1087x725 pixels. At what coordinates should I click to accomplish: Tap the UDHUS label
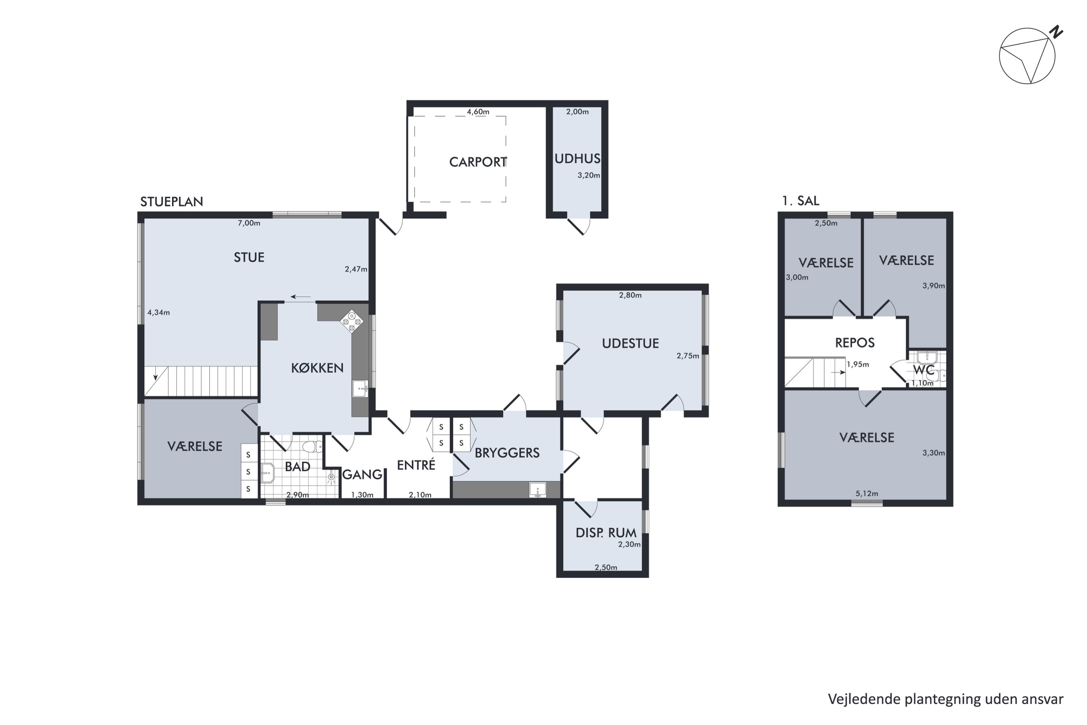tap(577, 159)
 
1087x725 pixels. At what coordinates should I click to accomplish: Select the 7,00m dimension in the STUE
tap(249, 223)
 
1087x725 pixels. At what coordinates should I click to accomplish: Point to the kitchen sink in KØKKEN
tap(361, 388)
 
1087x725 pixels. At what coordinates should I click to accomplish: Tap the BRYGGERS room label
tap(507, 453)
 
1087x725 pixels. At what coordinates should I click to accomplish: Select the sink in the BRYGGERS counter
tap(537, 490)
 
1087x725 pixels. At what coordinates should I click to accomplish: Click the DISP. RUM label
tap(606, 533)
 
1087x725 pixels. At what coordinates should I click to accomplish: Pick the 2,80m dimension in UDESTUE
tap(630, 295)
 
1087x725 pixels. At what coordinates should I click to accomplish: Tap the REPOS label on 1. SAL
tap(855, 343)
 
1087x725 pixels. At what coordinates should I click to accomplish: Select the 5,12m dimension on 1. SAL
tap(867, 493)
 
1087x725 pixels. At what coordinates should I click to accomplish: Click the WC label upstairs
tap(924, 370)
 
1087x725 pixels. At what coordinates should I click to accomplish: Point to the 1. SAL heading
tap(800, 201)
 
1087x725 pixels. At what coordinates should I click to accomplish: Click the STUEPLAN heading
tap(171, 202)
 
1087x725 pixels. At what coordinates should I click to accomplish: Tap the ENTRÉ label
tap(416, 465)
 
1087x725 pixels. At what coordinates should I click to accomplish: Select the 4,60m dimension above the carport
tap(478, 111)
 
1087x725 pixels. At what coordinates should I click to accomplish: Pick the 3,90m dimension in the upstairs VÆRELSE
tap(934, 286)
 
